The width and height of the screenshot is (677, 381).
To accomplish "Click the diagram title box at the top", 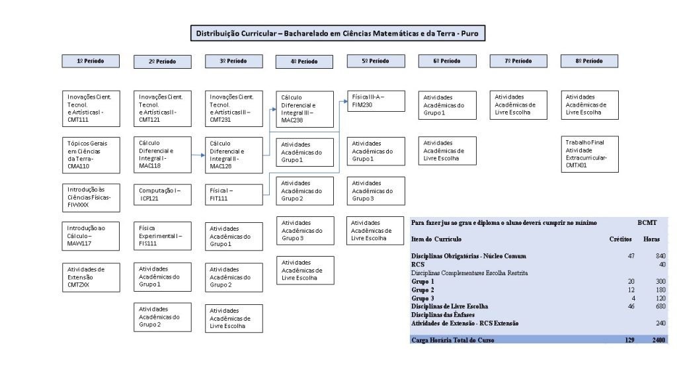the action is (x=338, y=33).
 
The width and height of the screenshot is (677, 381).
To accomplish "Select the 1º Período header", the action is (x=91, y=61).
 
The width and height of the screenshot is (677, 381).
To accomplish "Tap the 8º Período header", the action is (x=589, y=61).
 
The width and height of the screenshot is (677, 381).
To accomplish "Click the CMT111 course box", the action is (x=91, y=108).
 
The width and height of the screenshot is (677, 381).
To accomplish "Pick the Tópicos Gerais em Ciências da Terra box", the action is (x=91, y=155).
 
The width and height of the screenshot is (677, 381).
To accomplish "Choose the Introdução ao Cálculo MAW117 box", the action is (x=91, y=236).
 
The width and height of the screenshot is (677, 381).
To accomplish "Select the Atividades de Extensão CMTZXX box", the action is (x=91, y=277).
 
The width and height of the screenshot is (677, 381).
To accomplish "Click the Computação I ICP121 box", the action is (x=163, y=194).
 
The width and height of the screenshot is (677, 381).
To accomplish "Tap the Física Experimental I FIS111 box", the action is (x=163, y=236).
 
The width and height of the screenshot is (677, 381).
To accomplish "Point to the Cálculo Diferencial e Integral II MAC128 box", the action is (x=233, y=155).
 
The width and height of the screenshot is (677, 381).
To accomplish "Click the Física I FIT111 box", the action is (x=233, y=194).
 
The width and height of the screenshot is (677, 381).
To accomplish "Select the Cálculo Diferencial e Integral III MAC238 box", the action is (x=305, y=109).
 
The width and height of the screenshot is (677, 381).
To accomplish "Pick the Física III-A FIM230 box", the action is (x=376, y=101).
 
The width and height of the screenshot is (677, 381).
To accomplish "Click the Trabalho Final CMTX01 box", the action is (x=590, y=154).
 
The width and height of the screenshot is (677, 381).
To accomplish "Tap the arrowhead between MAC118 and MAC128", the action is (x=203, y=155).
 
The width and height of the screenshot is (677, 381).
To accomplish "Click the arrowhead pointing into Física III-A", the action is (x=345, y=101).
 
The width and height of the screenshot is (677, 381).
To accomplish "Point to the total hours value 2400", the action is (x=658, y=340).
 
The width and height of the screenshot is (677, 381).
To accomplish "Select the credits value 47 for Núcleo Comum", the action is (x=631, y=256).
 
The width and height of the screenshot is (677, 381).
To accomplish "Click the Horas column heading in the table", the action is (x=651, y=239).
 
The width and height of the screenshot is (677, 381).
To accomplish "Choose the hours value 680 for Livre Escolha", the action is (x=660, y=306).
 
